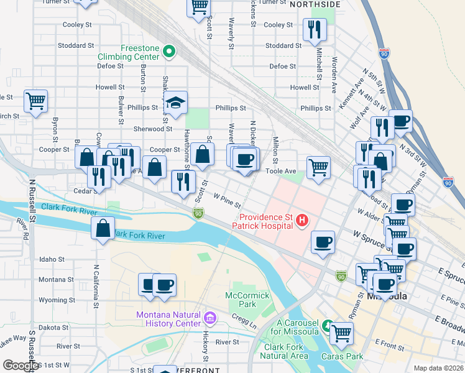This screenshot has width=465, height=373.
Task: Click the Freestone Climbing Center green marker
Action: [x=168, y=51]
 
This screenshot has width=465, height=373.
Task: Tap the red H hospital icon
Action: [x=302, y=219]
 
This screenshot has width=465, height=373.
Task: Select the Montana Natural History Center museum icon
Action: [x=209, y=319]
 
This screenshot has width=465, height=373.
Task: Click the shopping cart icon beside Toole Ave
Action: [x=318, y=166]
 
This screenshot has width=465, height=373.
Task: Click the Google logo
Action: [x=21, y=366]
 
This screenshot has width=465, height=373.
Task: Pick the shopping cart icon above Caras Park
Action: [x=341, y=332]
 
